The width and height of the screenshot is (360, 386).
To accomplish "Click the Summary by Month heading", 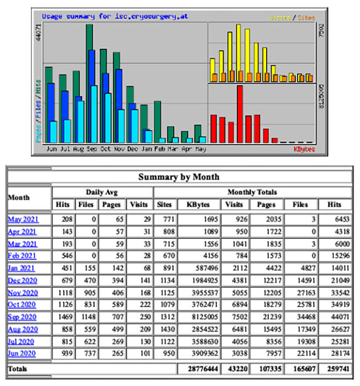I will click(179, 177).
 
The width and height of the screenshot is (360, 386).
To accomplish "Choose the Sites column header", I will click(164, 204).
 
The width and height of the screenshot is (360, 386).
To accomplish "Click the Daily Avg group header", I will click(102, 192).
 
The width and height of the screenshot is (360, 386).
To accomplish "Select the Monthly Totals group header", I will click(252, 192).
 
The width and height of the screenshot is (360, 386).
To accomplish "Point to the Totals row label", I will click(18, 368).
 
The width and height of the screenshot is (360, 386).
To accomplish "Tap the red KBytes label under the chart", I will click(304, 149).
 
